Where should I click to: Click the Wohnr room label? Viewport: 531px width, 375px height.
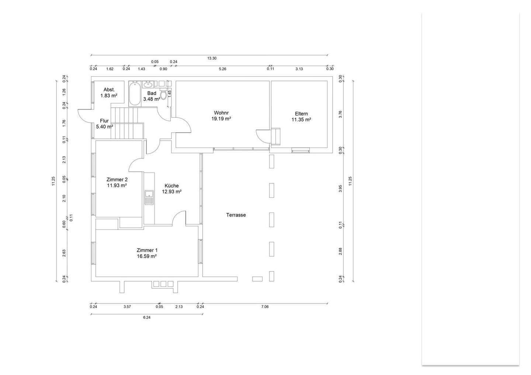(221, 113)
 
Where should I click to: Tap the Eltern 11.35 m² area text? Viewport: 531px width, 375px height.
(301, 120)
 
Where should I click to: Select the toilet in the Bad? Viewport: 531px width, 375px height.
(163, 94)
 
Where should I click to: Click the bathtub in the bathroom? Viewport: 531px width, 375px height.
(135, 94)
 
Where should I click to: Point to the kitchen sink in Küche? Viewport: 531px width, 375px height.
(149, 197)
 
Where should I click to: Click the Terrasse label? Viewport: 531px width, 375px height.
(236, 215)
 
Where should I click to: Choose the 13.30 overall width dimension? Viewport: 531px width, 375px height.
(212, 58)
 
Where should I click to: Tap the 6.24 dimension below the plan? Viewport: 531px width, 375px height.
(147, 318)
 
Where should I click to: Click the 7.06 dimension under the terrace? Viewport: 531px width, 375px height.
(265, 307)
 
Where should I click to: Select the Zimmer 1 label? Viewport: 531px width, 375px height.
(147, 250)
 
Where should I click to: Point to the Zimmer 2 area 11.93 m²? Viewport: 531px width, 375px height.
(117, 185)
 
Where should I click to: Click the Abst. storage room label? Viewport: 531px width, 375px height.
(109, 90)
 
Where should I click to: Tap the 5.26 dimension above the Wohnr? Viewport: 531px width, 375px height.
(223, 69)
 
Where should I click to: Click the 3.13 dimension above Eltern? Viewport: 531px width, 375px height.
(299, 69)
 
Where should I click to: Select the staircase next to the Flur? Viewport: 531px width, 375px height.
(127, 123)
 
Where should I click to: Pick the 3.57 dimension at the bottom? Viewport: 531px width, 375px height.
(127, 307)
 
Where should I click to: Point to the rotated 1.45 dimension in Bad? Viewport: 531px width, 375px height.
(170, 94)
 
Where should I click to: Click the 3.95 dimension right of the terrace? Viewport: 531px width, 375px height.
(340, 189)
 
